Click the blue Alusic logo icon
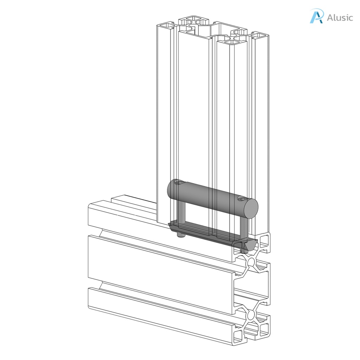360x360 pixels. pyautogui.click(x=316, y=17)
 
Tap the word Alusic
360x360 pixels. pyautogui.click(x=340, y=18)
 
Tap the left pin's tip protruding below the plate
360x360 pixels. pyautogui.click(x=180, y=234)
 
